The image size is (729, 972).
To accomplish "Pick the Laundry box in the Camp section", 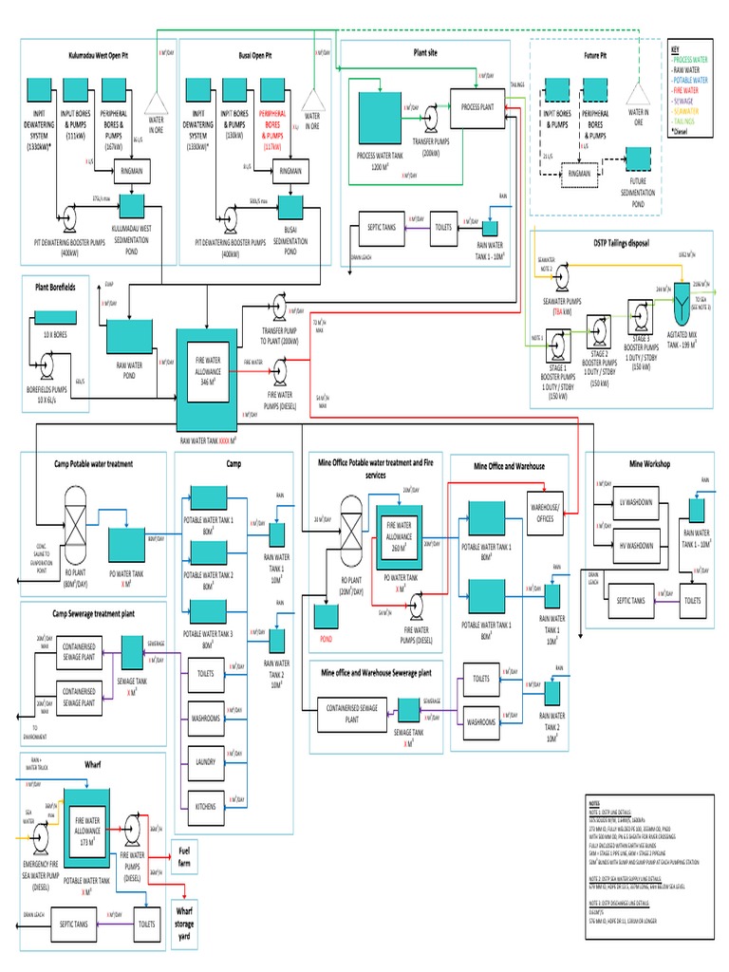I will coord(205,761).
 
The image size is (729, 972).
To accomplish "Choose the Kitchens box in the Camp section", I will coord(205,806).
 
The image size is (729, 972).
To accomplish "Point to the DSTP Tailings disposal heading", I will coord(619,243).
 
